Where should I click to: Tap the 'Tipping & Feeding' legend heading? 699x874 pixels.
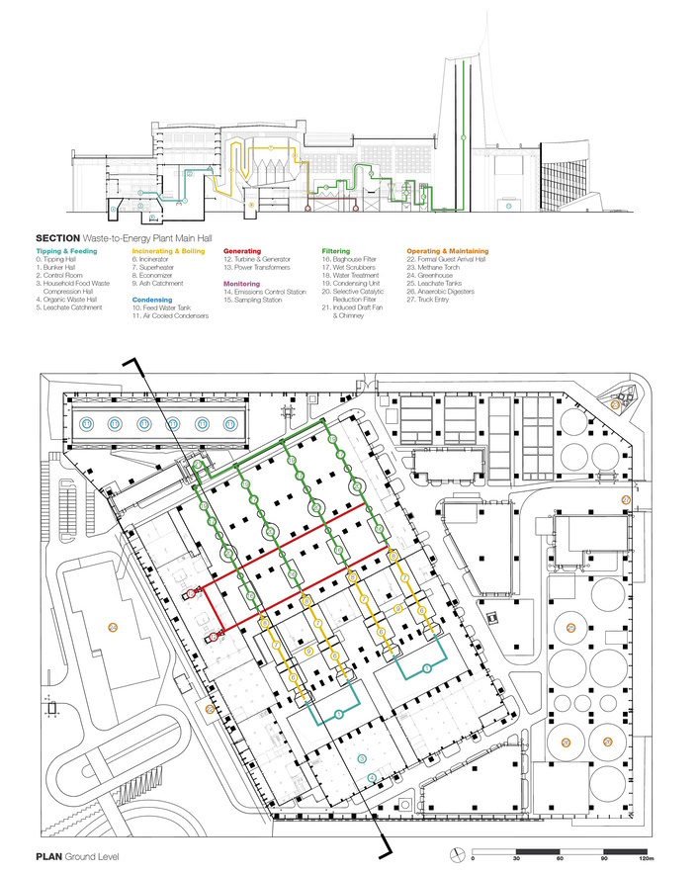(65, 251)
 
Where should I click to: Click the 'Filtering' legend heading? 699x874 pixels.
(337, 251)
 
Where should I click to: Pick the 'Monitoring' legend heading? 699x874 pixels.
(242, 283)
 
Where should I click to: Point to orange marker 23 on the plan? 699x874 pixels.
(615, 405)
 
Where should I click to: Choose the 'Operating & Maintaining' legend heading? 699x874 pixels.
(447, 251)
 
